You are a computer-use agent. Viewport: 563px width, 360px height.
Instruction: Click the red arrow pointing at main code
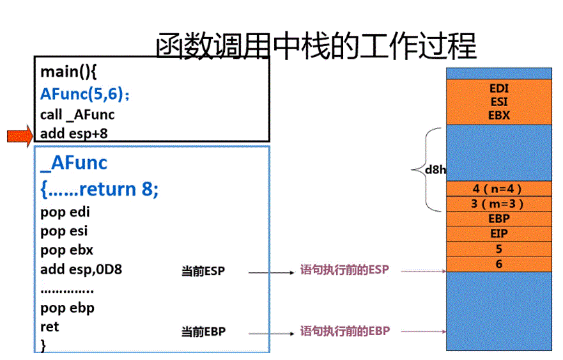(x=20, y=135)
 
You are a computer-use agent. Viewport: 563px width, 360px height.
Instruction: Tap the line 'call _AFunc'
(x=77, y=114)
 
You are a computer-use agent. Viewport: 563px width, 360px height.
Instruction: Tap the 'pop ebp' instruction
(x=67, y=308)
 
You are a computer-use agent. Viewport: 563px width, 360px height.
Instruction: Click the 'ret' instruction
(x=49, y=327)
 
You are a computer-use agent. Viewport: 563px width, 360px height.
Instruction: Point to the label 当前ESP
(x=203, y=272)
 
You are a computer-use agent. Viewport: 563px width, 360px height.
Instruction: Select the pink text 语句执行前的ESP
(x=344, y=270)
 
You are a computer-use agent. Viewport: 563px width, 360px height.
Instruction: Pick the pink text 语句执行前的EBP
(x=344, y=331)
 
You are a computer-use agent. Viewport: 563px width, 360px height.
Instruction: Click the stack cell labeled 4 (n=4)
(x=498, y=189)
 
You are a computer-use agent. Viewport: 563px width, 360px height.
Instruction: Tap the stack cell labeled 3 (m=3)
(x=498, y=204)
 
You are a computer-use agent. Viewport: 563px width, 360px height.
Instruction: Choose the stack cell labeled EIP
(x=498, y=234)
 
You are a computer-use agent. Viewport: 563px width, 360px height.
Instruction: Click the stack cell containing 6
(x=498, y=263)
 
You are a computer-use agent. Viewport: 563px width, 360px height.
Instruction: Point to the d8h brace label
(x=436, y=170)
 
